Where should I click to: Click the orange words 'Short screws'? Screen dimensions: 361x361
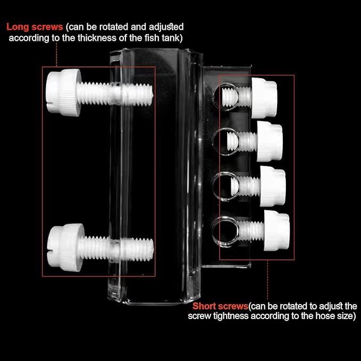220,306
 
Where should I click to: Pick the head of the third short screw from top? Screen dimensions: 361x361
274,185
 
